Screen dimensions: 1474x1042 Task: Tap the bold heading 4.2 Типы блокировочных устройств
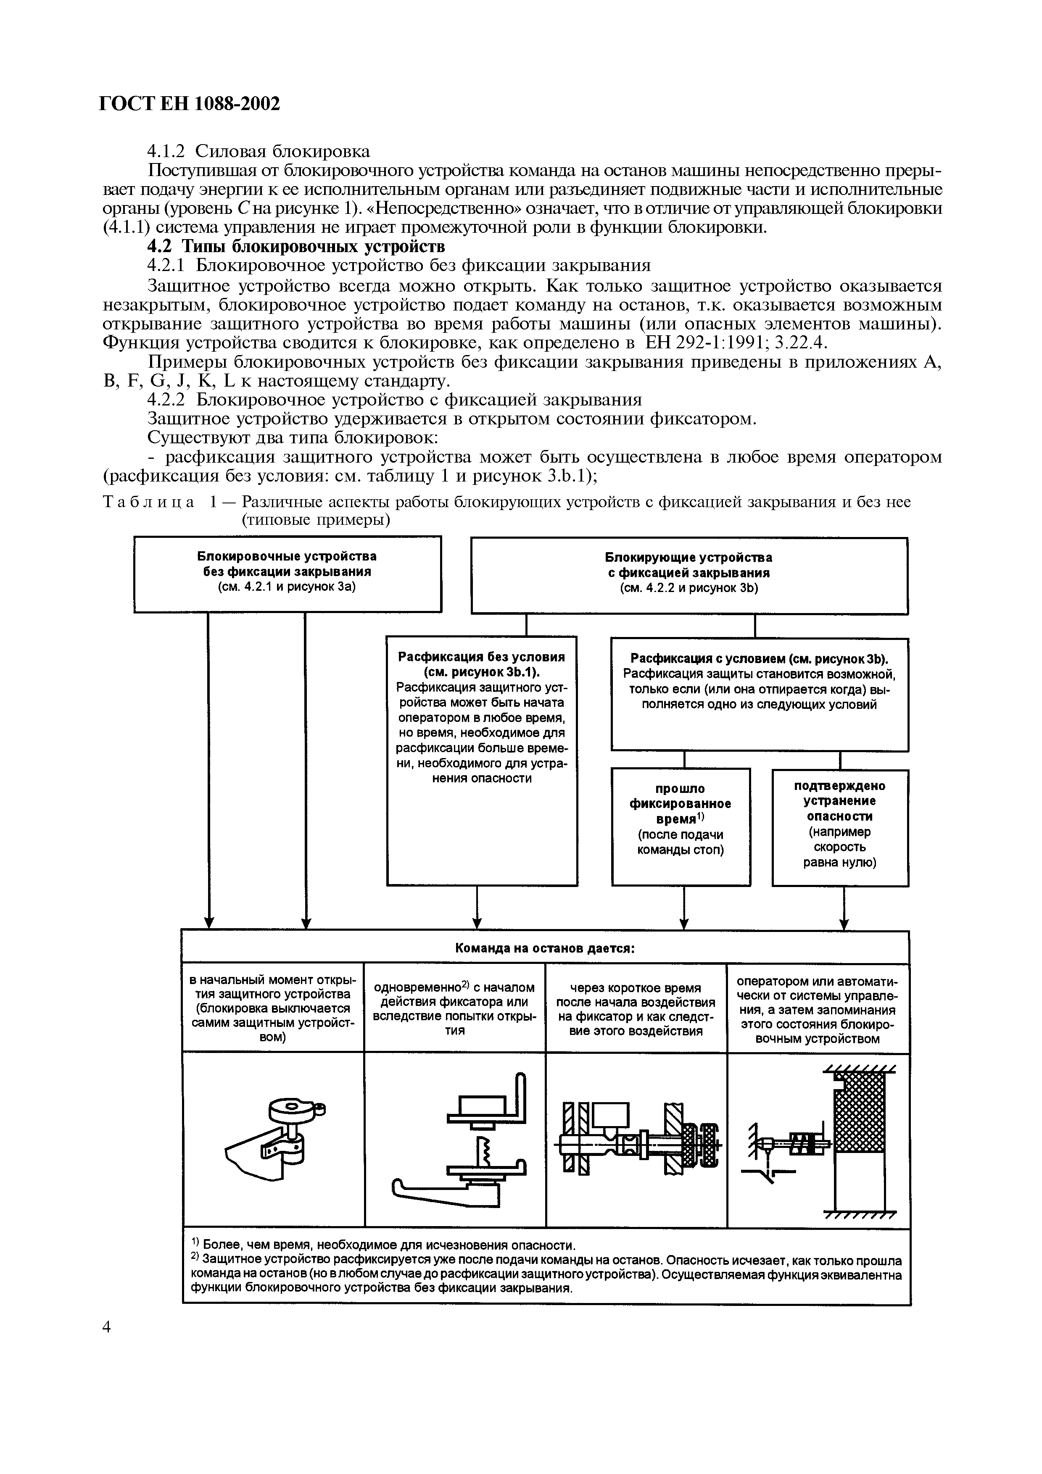point(296,247)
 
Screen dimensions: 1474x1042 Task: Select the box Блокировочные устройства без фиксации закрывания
point(287,573)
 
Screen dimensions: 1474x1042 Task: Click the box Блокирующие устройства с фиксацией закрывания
point(689,574)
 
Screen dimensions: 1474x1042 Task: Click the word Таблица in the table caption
point(149,502)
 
